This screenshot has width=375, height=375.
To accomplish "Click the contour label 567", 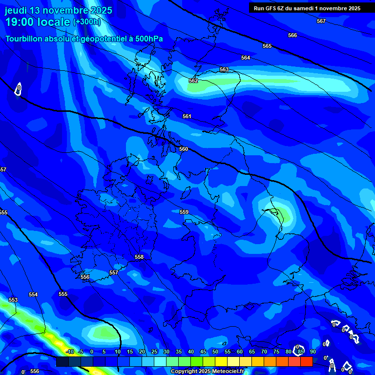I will coord(321,21).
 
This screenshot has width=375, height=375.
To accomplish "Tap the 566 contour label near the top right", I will coord(292,35).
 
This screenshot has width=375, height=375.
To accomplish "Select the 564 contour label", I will coord(246,58).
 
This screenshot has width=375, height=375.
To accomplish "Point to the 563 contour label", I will coord(224,70).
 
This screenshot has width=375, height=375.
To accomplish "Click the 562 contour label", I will coord(193,81).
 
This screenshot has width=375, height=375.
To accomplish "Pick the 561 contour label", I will coord(187,116).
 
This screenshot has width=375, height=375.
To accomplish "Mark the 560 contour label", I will coord(184,149).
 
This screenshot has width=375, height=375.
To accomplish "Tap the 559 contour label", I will coord(184,212).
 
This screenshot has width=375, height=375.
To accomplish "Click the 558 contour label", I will coord(140,257).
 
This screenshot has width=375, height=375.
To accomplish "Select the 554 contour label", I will coord(33,294).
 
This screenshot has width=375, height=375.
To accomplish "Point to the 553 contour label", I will coord(13,300).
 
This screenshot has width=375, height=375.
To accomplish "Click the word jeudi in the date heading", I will coord(16,11).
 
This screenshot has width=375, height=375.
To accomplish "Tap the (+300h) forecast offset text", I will coord(86,22).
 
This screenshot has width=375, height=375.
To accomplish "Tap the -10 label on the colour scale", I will coord(69,352).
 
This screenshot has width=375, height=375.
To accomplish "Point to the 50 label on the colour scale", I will coord(215,352).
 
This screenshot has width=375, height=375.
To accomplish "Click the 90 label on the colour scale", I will coord(312,352).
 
